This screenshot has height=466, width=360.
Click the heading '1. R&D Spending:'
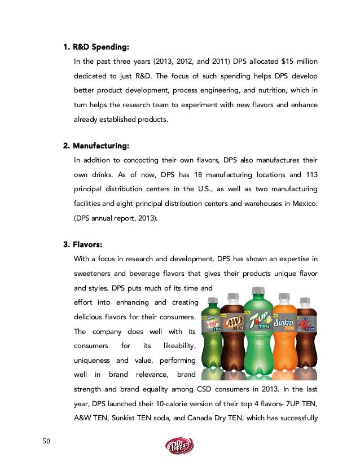[99, 46]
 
